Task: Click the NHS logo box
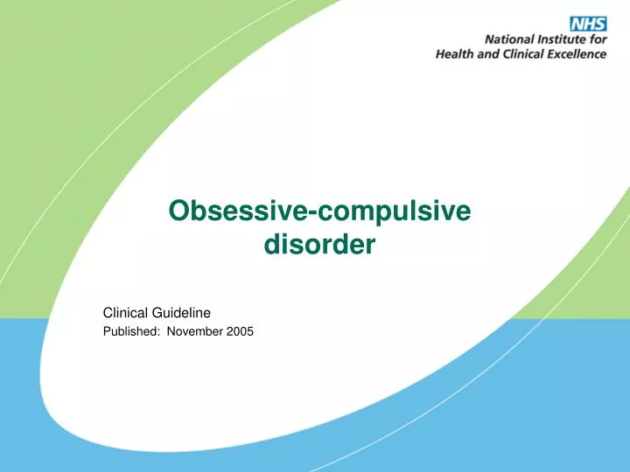point(588,23)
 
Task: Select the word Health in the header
point(456,53)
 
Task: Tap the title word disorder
point(319,246)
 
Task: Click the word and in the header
point(488,53)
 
